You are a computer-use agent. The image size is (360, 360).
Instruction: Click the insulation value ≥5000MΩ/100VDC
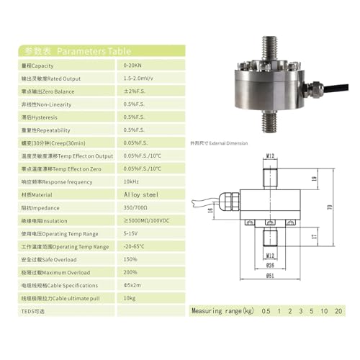pyautogui.click(x=151, y=220)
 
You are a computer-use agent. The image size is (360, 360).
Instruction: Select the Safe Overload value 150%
pyautogui.click(x=131, y=258)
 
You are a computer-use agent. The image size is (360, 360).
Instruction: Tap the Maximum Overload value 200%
pyautogui.click(x=131, y=271)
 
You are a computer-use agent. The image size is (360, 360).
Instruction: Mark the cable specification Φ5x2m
pyautogui.click(x=134, y=284)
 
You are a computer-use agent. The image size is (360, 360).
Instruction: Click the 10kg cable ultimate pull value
pyautogui.click(x=130, y=297)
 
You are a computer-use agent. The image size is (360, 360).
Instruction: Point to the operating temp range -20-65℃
pyautogui.click(x=135, y=246)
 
